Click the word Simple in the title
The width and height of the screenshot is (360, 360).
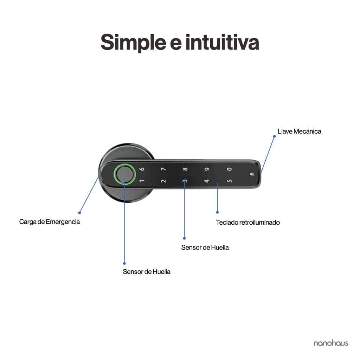133,43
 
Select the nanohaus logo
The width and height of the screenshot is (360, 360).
330,343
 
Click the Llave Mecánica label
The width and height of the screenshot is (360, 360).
299,131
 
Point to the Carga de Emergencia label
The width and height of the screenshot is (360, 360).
49,222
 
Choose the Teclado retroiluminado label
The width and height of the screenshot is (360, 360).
248,223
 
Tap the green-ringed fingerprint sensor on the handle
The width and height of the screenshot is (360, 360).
125,174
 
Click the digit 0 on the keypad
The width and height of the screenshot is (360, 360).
229,169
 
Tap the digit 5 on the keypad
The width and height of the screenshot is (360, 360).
229,181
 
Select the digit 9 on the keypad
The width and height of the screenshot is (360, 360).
207,169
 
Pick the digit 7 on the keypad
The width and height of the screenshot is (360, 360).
163,169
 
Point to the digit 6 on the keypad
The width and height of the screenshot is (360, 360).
142,169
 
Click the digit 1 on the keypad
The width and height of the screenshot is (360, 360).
142,181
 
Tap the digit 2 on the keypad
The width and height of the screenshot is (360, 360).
163,181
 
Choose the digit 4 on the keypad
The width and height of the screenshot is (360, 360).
207,181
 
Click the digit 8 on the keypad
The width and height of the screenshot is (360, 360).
185,169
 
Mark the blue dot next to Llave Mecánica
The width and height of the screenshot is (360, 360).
274,136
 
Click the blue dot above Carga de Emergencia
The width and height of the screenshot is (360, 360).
79,213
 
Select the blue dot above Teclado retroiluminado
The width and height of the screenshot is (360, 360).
217,212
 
